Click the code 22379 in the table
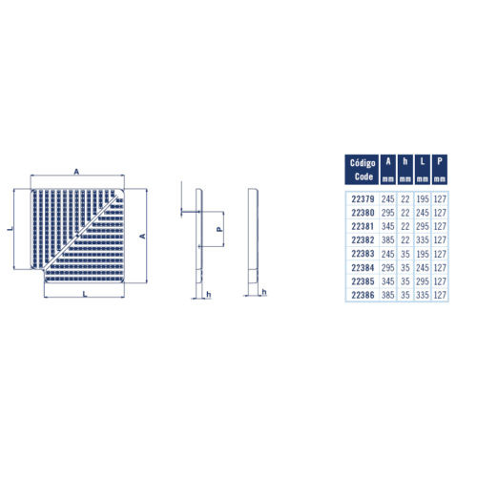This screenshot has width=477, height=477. click(363, 199)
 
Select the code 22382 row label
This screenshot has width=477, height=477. click(363, 240)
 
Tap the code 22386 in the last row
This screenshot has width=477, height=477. click(363, 295)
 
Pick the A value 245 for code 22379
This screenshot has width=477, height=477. click(388, 199)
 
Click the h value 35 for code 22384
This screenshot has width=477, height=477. click(405, 268)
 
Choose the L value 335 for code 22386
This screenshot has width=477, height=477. click(423, 295)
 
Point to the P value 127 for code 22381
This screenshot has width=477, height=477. click(440, 226)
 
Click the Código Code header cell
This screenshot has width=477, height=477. click(362, 170)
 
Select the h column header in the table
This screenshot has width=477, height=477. click(405, 170)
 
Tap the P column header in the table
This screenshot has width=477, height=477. click(440, 170)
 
